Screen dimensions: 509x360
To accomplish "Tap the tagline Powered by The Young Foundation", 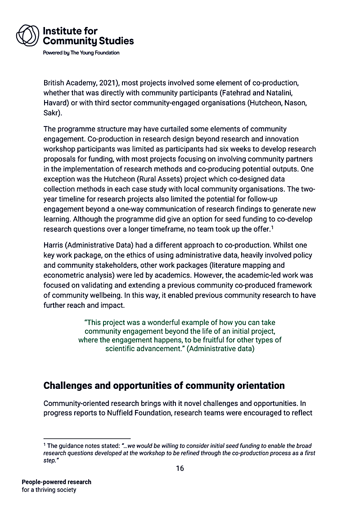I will pyautogui.click(x=81, y=53).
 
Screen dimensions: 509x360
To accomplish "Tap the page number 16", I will pyautogui.click(x=180, y=468).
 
